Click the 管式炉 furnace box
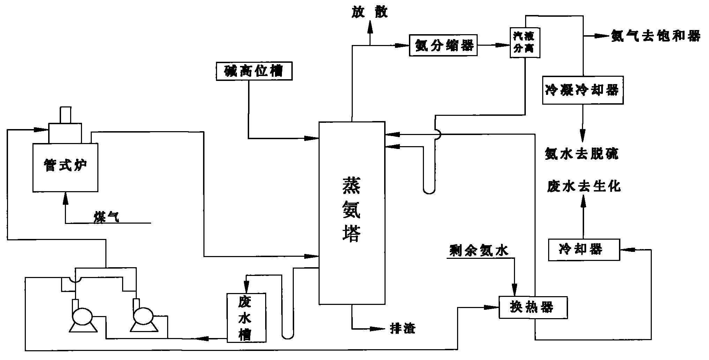65,167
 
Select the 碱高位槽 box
254,71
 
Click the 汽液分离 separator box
525,43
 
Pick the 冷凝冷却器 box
583,90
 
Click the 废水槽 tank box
246,317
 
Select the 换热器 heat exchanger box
532,307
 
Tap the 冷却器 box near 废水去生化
584,250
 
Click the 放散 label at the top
370,13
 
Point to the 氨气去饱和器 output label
655,36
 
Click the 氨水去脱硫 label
582,153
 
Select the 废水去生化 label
584,186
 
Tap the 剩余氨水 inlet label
479,250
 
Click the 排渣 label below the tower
403,328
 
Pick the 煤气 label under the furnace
106,217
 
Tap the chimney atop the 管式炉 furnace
65,115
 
